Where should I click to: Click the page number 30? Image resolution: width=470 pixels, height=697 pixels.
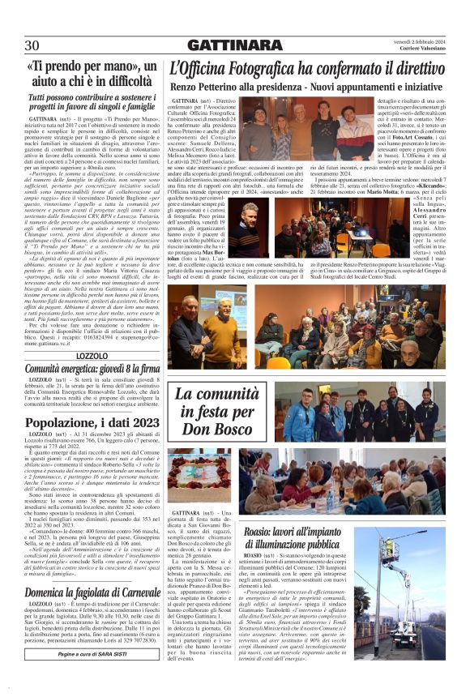(32, 45)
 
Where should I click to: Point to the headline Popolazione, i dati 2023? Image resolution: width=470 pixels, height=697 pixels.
(92, 422)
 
